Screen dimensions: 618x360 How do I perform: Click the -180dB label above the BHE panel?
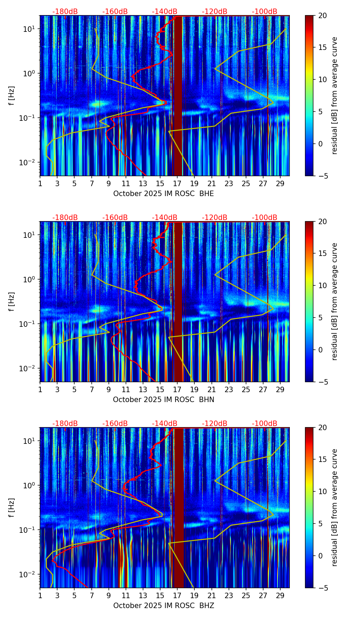[x=65, y=12]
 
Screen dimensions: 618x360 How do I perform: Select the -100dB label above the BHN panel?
[x=265, y=218]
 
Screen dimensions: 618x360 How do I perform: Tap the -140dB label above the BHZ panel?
[x=165, y=424]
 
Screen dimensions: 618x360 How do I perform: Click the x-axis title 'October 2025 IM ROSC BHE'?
[x=164, y=194]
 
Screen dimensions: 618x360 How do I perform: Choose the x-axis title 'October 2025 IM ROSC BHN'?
[x=164, y=400]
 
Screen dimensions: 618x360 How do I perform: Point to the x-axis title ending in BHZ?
[x=164, y=606]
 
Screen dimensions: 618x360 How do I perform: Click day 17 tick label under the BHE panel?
[x=177, y=184]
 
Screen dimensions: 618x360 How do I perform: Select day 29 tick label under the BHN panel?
[x=280, y=390]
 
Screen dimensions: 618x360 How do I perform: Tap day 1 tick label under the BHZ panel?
[x=40, y=596]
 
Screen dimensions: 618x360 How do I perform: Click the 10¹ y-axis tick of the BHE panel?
[x=29, y=29]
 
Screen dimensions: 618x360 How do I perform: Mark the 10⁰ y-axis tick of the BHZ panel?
[x=29, y=485]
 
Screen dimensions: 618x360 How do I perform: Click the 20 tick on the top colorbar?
[x=323, y=15]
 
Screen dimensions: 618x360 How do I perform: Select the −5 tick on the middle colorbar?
[x=323, y=382]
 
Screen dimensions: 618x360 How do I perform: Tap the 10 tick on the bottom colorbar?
[x=323, y=491]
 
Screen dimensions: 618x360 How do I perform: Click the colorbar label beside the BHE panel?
[x=334, y=95]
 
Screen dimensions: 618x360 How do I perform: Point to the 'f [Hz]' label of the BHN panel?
[x=12, y=301]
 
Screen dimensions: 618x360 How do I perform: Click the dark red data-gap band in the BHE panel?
[x=178, y=96]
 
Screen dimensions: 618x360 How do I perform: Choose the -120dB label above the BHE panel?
[x=215, y=12]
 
